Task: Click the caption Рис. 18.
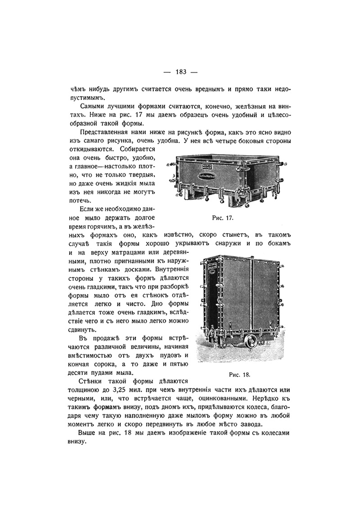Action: click(x=237, y=373)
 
